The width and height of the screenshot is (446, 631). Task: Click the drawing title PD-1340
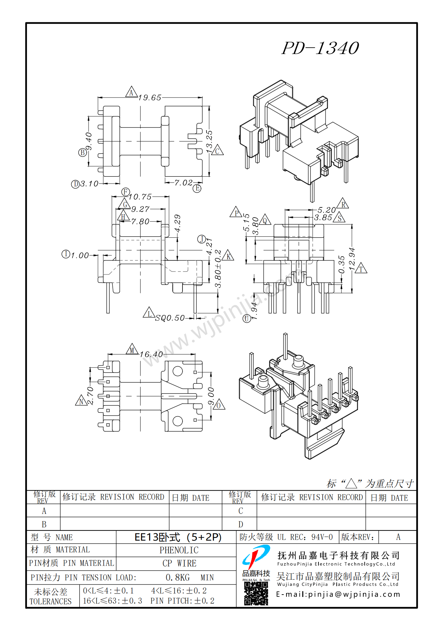click(320, 48)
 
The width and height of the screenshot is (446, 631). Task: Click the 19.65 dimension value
click(150, 98)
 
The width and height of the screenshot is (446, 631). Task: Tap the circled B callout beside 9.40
click(82, 152)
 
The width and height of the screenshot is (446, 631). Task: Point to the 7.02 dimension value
click(183, 183)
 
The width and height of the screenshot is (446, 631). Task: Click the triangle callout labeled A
click(131, 92)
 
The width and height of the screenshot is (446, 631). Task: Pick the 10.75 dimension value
click(140, 197)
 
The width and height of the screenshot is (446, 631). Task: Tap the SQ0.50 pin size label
click(170, 318)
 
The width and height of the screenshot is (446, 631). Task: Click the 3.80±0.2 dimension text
click(218, 269)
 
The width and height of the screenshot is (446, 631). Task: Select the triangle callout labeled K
click(228, 256)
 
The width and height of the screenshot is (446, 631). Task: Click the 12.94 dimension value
click(352, 259)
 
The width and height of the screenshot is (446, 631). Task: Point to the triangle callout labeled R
click(343, 204)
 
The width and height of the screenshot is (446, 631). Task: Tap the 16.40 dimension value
click(151, 354)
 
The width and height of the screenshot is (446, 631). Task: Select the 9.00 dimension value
click(211, 396)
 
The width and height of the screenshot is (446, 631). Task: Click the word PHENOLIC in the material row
click(179, 550)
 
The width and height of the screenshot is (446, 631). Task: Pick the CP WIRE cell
click(179, 564)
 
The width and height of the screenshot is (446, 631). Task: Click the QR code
click(256, 594)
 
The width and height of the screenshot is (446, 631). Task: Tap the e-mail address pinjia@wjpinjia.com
click(338, 594)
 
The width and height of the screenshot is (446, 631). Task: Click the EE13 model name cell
click(178, 537)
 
